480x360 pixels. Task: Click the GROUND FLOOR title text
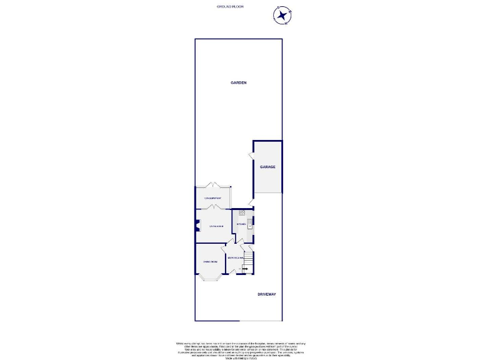tap(230, 6)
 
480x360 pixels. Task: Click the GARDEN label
tap(238, 82)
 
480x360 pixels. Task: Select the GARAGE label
tap(267, 167)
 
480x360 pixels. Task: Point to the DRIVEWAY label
tap(266, 294)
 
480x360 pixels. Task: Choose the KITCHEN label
tap(241, 224)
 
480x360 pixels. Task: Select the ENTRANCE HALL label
tap(234, 258)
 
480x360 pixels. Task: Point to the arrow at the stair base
tap(245, 269)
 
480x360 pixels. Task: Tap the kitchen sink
tap(249, 223)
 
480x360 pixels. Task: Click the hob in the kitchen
tap(241, 213)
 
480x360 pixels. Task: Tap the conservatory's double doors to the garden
tap(214, 186)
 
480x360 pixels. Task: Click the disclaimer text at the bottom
tap(241, 348)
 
